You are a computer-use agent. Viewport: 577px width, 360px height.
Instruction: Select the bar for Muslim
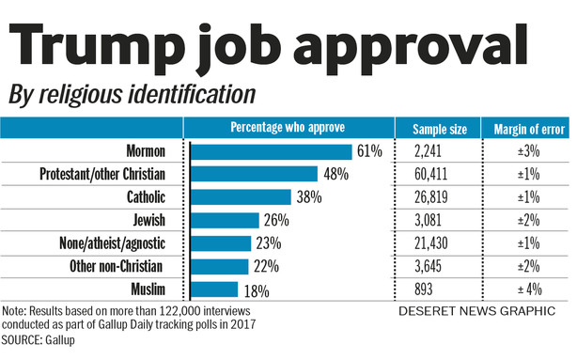click(x=214, y=290)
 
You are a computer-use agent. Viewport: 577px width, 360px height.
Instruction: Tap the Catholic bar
click(x=241, y=197)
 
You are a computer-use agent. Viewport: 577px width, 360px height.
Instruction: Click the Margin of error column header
click(x=524, y=129)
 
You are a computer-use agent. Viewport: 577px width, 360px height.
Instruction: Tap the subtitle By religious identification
click(x=132, y=95)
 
